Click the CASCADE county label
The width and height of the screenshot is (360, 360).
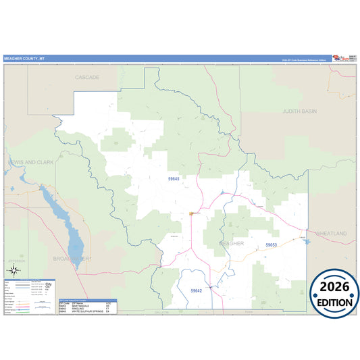(88, 77)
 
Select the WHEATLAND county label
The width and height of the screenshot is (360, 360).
(331, 233)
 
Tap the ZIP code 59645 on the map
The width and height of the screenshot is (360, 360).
(174, 178)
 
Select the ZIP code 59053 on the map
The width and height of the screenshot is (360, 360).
(272, 245)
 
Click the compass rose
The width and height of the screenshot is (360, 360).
(13, 271)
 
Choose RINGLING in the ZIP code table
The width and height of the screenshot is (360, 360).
(77, 309)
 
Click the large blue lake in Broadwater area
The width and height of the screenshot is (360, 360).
(58, 216)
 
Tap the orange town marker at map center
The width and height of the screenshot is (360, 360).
(191, 213)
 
